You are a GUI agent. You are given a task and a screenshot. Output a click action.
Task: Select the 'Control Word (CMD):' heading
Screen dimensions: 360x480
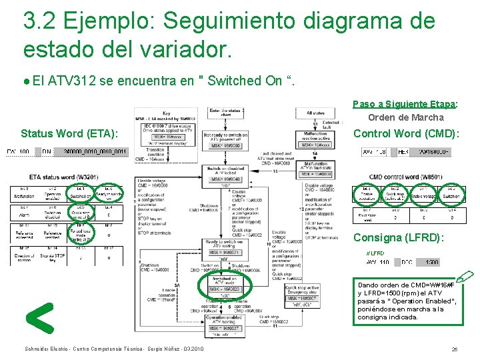coord(406,133)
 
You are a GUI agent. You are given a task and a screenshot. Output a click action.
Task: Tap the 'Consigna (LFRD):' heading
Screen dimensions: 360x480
coord(398,237)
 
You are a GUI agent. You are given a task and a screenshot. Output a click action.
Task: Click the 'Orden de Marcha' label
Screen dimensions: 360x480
coord(406,117)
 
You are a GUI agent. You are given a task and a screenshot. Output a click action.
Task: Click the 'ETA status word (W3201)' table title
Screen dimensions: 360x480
coord(65,177)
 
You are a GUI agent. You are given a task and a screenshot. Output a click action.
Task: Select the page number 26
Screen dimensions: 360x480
coord(454,349)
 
